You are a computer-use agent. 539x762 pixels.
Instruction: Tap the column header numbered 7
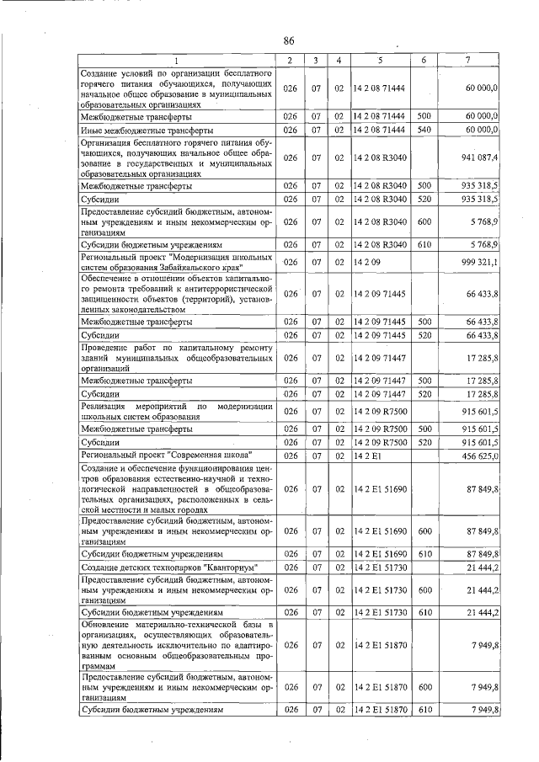click(468, 61)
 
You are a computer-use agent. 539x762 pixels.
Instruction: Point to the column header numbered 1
click(177, 61)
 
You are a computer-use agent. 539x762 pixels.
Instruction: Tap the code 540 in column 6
click(424, 131)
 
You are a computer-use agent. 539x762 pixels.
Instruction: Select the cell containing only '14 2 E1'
click(366, 456)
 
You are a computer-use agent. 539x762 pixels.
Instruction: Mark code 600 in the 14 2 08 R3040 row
click(424, 221)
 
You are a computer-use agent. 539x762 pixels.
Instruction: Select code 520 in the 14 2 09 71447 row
click(424, 393)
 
